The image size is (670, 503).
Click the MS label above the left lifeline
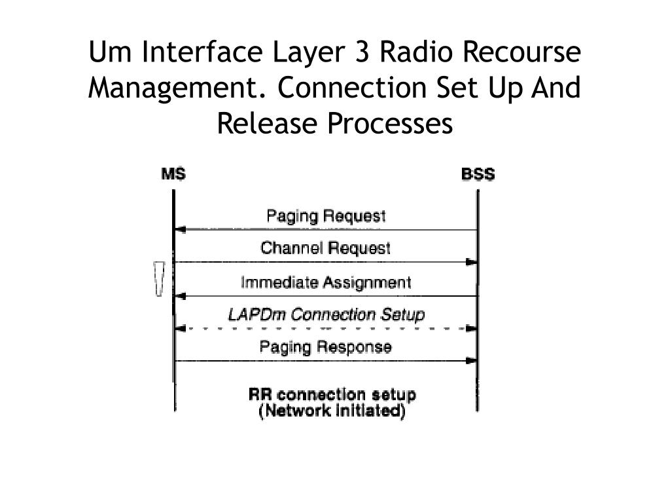[x=173, y=174]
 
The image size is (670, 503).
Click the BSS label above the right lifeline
[x=478, y=174]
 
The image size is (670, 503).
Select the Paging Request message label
[x=326, y=216]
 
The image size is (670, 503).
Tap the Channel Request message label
[x=325, y=248]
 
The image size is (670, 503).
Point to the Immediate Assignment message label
[x=326, y=282]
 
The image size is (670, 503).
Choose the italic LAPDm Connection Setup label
[x=326, y=314]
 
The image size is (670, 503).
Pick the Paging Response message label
[x=326, y=346]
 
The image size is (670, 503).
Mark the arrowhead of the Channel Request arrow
[x=471, y=262]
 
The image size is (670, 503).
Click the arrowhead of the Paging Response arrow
[x=471, y=360]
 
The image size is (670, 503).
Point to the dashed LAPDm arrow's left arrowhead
[x=181, y=328]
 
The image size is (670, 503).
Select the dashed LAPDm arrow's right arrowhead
[x=471, y=328]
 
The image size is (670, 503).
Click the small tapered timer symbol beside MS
[x=159, y=279]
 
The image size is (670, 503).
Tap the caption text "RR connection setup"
[x=332, y=396]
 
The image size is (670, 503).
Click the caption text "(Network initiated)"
[x=332, y=411]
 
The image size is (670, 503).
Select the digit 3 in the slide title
[x=362, y=52]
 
